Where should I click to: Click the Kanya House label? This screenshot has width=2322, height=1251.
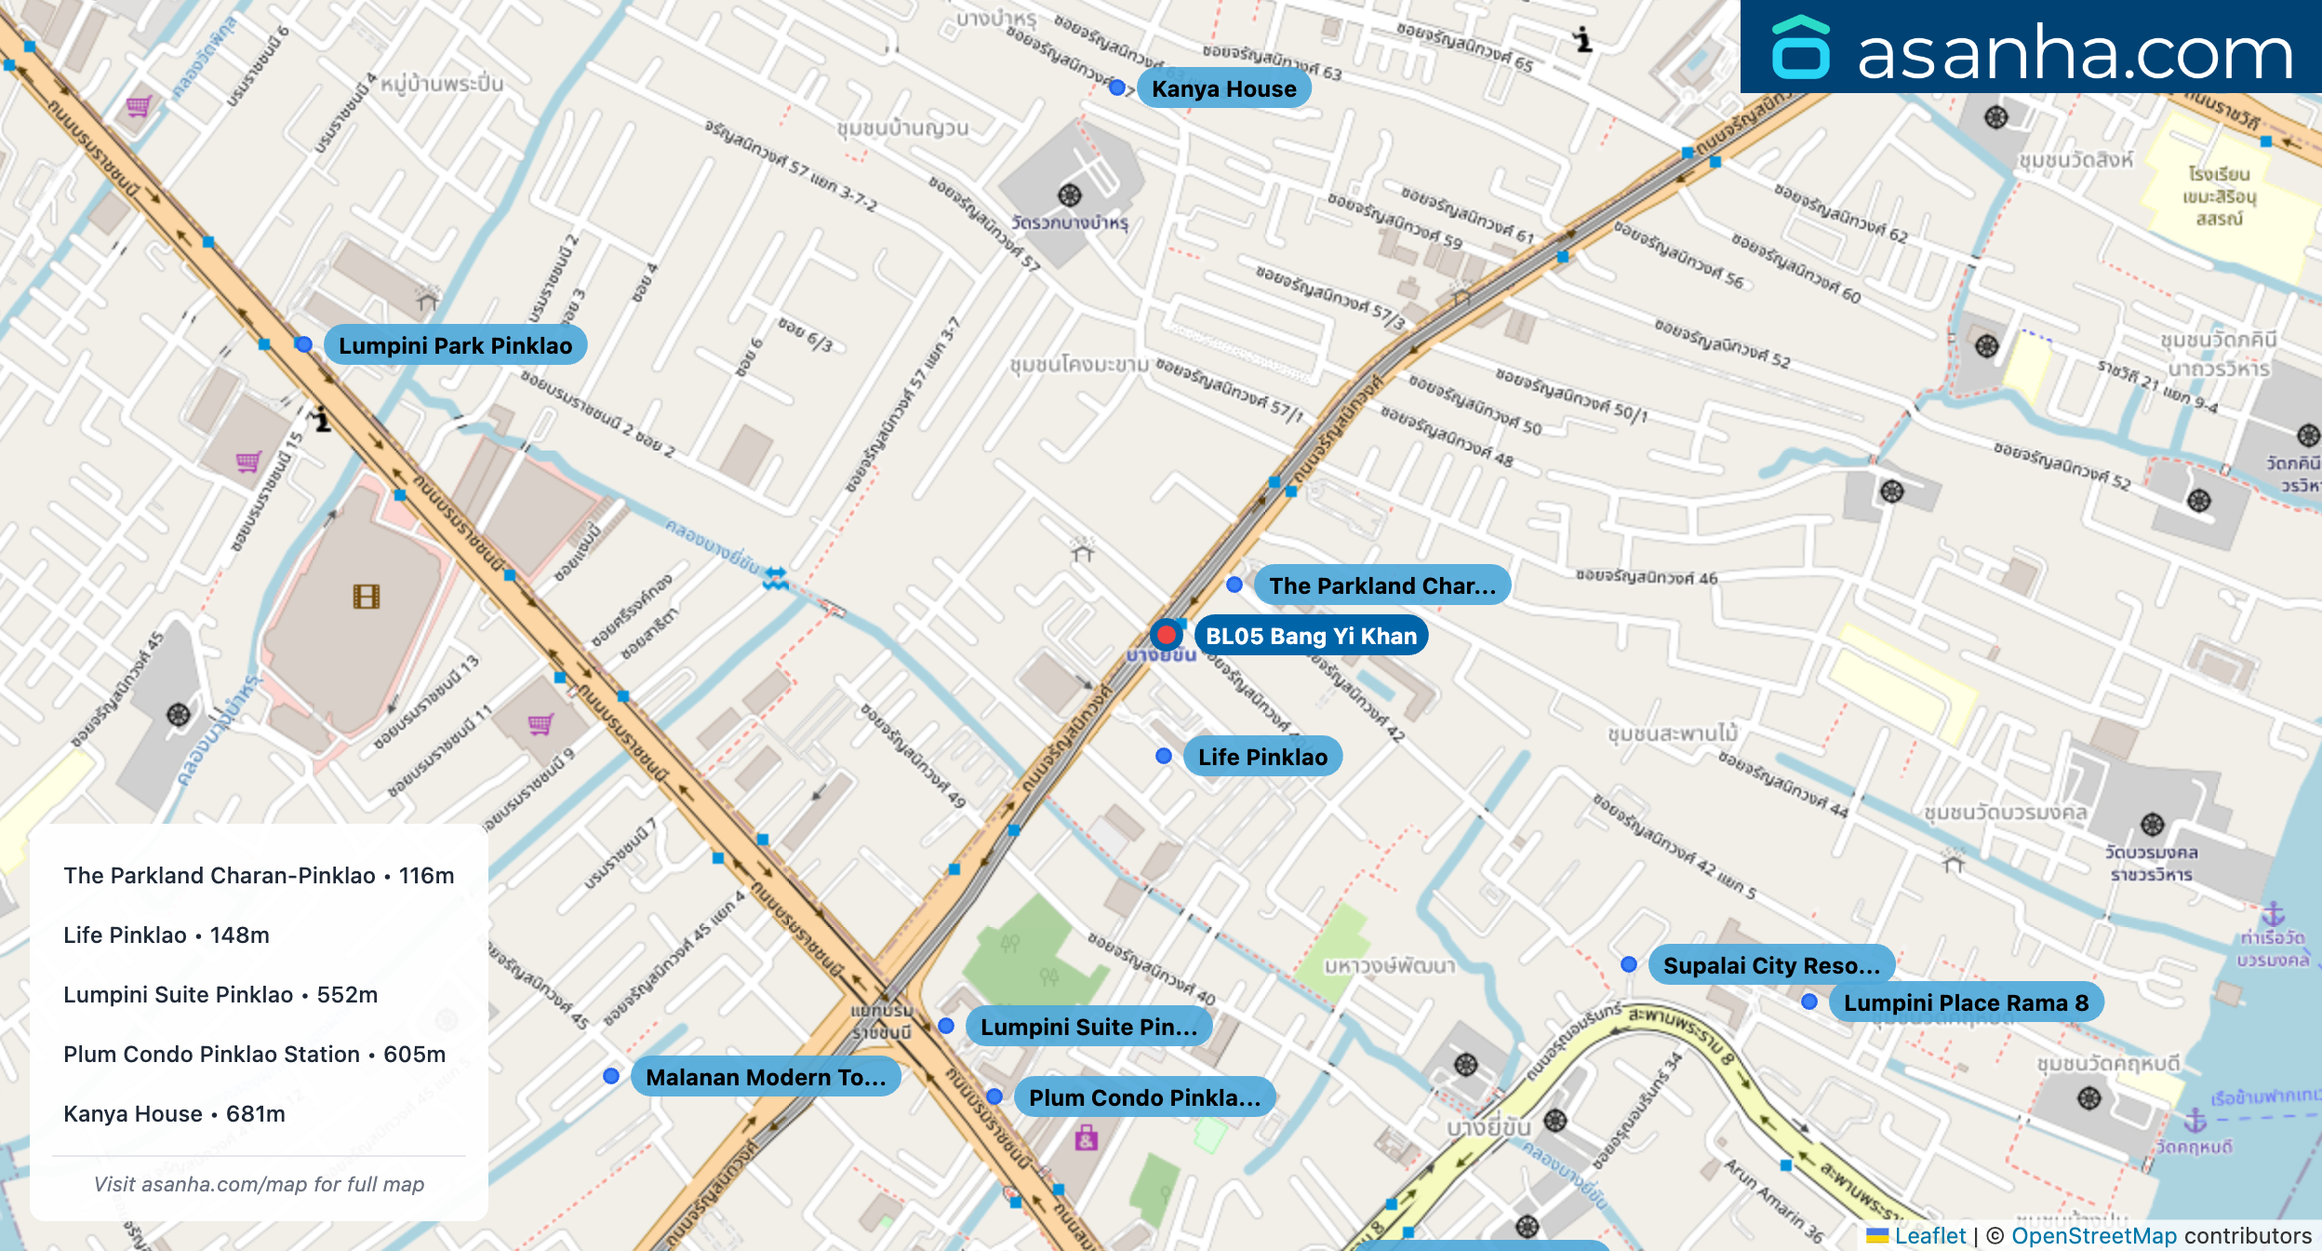tap(1223, 88)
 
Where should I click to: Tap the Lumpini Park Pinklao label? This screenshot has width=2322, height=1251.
tap(455, 345)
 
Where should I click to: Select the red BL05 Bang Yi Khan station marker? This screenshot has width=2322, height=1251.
tap(1166, 635)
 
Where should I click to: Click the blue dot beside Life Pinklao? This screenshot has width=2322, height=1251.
tap(1163, 756)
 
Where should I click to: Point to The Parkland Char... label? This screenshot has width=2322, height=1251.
tap(1381, 585)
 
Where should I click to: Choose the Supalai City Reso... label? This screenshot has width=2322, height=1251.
tap(1770, 965)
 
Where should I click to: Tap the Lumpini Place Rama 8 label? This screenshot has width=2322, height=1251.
tap(1965, 1002)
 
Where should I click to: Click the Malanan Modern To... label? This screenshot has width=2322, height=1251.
tap(765, 1077)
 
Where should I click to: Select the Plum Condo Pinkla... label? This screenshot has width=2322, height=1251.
tap(1143, 1097)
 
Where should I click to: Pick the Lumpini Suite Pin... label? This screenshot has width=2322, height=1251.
tap(1088, 1027)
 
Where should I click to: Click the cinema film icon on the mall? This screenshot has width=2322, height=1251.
tap(367, 597)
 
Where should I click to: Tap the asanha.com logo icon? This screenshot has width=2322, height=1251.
tap(1800, 48)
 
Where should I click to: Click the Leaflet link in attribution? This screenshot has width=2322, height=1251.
tap(1929, 1235)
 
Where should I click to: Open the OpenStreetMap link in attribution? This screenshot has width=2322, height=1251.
tap(2093, 1235)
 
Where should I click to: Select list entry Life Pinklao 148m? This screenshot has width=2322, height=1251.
tap(167, 935)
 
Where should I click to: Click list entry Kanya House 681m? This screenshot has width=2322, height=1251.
tap(174, 1113)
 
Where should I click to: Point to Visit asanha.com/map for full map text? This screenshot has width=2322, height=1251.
tap(259, 1184)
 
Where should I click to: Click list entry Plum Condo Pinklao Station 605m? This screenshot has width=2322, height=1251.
tap(254, 1054)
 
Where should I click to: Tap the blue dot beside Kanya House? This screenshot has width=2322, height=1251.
tap(1117, 87)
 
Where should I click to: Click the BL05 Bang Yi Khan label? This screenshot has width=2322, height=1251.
tap(1311, 636)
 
